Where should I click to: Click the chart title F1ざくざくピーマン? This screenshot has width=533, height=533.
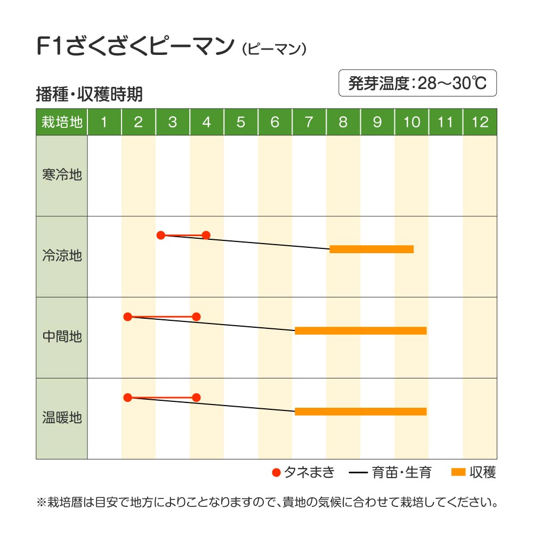click(x=135, y=46)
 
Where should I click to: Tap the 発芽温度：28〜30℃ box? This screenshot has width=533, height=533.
click(x=417, y=83)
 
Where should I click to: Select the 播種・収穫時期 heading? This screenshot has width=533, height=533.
click(x=89, y=94)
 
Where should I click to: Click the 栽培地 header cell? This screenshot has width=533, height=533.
click(x=62, y=122)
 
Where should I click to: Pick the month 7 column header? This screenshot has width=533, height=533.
click(x=309, y=122)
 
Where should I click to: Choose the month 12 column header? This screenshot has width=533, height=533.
click(x=480, y=122)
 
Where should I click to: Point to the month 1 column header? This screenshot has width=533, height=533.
click(x=104, y=122)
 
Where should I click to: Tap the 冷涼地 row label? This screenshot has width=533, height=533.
click(x=62, y=256)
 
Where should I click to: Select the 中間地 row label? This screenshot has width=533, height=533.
click(x=62, y=337)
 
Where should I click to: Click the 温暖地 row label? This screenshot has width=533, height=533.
click(x=62, y=418)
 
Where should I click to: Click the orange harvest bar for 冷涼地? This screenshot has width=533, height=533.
click(x=372, y=249)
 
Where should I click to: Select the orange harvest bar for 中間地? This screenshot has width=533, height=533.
click(x=360, y=330)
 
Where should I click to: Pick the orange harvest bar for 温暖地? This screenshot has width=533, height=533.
click(x=360, y=411)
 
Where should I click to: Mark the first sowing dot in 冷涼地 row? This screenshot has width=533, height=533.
click(x=161, y=235)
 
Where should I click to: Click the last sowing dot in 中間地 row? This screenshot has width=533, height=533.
click(x=196, y=317)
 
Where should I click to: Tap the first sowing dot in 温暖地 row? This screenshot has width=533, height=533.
click(x=127, y=397)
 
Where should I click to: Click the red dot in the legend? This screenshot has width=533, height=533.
click(x=276, y=472)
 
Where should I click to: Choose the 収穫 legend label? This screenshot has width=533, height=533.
click(x=483, y=472)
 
